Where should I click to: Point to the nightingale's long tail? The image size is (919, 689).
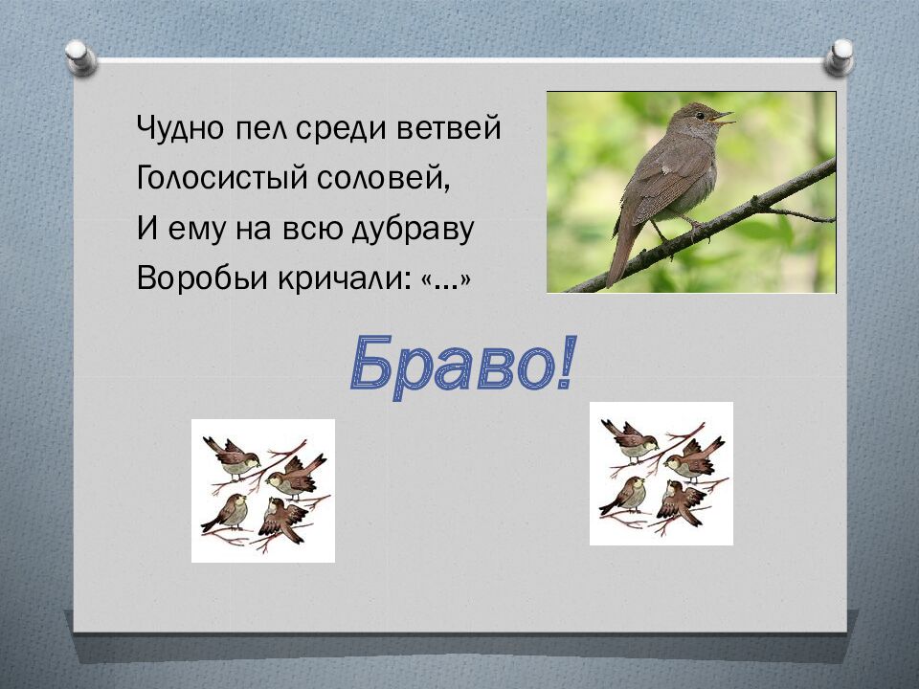[x=620, y=254]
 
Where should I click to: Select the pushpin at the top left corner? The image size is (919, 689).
[x=80, y=56]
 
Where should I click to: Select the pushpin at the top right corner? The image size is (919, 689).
[x=840, y=56]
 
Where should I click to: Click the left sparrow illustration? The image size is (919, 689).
[x=263, y=490]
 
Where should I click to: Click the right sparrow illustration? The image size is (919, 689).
[x=661, y=473]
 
